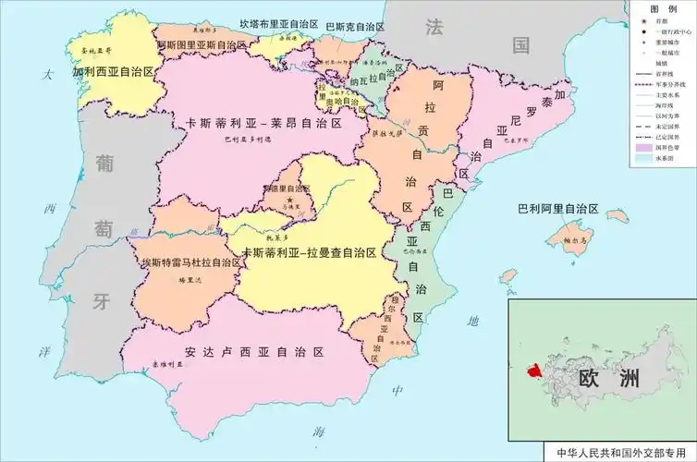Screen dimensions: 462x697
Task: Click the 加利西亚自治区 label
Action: tap(113, 71)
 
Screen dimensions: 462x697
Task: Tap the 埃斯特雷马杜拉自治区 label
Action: tap(190, 262)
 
